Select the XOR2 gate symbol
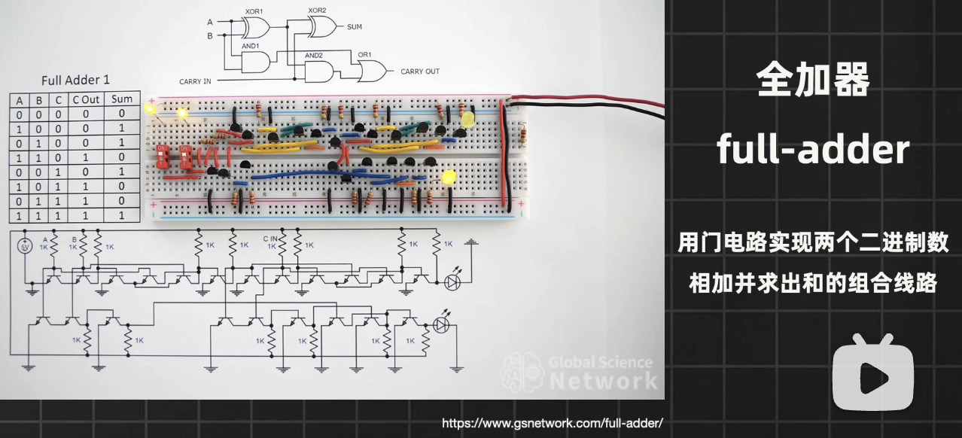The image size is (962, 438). (x=322, y=28)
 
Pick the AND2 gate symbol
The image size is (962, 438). (x=319, y=71)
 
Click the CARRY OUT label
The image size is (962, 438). (x=420, y=72)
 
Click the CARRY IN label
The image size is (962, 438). (x=195, y=81)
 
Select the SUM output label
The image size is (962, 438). (x=355, y=27)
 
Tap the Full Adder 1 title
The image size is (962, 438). (x=75, y=80)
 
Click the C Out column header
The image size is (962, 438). (x=86, y=99)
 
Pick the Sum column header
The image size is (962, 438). (x=122, y=99)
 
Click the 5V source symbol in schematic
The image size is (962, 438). (x=24, y=246)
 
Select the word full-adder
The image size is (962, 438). (x=813, y=150)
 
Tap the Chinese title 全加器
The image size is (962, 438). (x=813, y=79)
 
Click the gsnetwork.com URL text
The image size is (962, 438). (x=552, y=424)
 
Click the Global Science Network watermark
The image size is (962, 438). (x=580, y=371)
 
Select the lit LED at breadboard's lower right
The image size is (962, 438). (x=449, y=178)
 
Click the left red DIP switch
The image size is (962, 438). (x=162, y=157)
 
